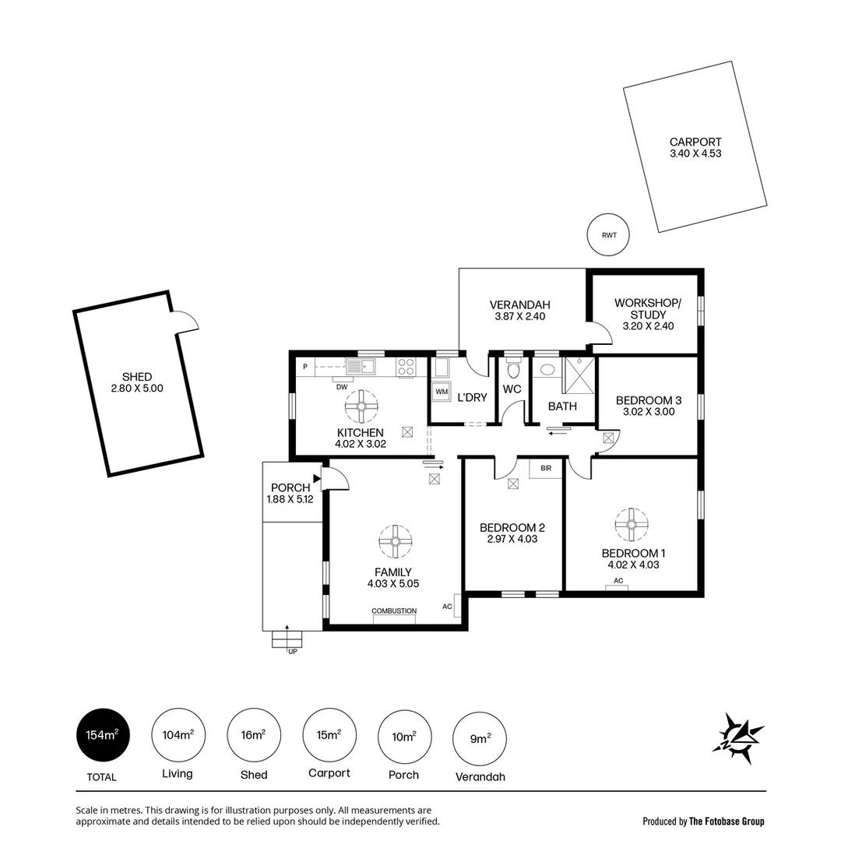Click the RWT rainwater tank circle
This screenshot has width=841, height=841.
(x=607, y=234)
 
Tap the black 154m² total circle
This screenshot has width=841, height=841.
(x=103, y=734)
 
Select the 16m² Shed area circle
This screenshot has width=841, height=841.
(x=253, y=734)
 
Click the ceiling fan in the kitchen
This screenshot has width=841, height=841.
(x=362, y=406)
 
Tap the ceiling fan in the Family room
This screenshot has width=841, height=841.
(x=396, y=541)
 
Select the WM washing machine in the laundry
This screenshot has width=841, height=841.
(x=442, y=391)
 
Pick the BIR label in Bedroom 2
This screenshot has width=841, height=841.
(x=544, y=468)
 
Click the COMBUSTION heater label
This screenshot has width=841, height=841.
(x=394, y=611)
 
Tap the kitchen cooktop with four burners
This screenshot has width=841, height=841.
(x=406, y=367)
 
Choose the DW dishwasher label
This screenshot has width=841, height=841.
(x=341, y=387)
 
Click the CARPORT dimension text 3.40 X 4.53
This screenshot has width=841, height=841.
(x=695, y=154)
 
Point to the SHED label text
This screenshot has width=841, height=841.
(x=137, y=377)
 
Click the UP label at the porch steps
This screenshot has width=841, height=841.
(x=293, y=651)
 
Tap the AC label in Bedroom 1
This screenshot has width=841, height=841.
(x=618, y=581)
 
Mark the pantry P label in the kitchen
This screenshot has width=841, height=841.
(x=305, y=366)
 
